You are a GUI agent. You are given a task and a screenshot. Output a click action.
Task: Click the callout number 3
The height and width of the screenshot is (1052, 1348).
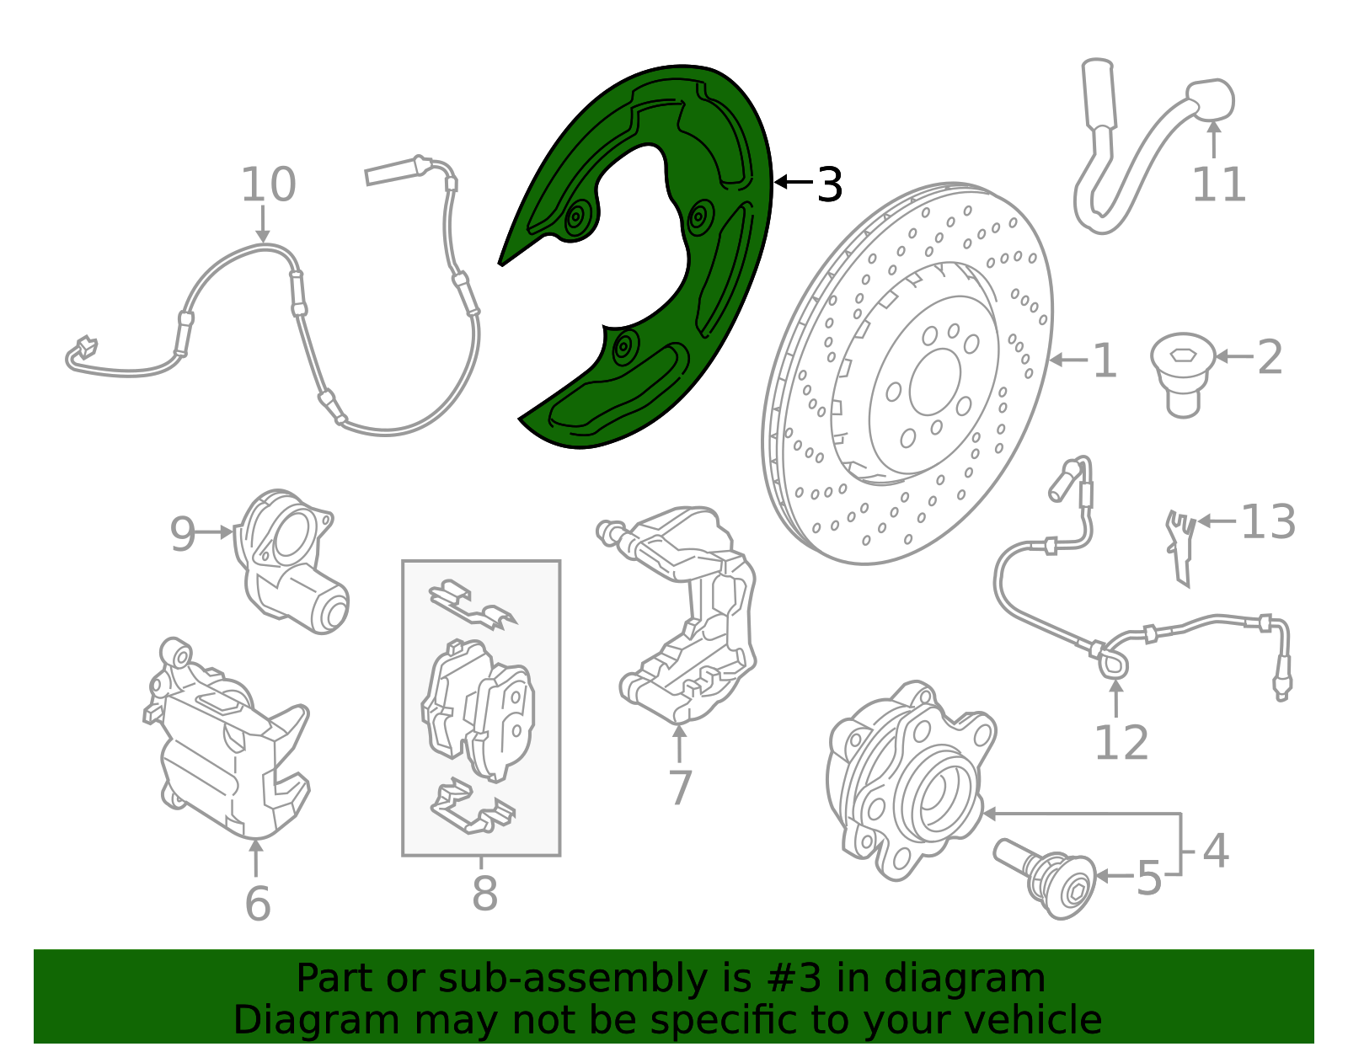click(830, 184)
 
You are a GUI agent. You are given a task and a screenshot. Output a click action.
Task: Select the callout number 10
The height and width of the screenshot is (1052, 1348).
click(268, 184)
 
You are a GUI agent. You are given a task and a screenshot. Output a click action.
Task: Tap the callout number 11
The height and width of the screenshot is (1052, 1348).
click(1218, 184)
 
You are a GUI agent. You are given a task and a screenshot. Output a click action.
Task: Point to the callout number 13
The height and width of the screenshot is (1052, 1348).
click(1268, 521)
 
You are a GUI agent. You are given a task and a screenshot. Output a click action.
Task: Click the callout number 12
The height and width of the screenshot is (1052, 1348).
click(1121, 742)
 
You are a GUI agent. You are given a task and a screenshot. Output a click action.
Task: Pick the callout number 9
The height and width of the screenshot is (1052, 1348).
click(183, 534)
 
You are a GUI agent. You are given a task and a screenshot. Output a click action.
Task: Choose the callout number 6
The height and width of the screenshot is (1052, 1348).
click(258, 903)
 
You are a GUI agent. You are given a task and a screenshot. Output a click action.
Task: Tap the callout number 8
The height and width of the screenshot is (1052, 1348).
click(484, 894)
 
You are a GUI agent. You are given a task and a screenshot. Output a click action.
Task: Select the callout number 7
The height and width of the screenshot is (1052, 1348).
click(680, 788)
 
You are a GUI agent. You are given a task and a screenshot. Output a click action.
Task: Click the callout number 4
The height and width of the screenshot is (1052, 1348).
click(1215, 851)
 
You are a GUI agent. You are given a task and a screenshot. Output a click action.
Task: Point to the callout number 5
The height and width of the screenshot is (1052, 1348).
click(1149, 878)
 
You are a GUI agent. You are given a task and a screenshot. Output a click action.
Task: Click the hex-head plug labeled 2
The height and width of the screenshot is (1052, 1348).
click(1183, 375)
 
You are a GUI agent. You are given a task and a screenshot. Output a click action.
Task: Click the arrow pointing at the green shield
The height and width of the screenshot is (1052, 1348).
click(794, 182)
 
